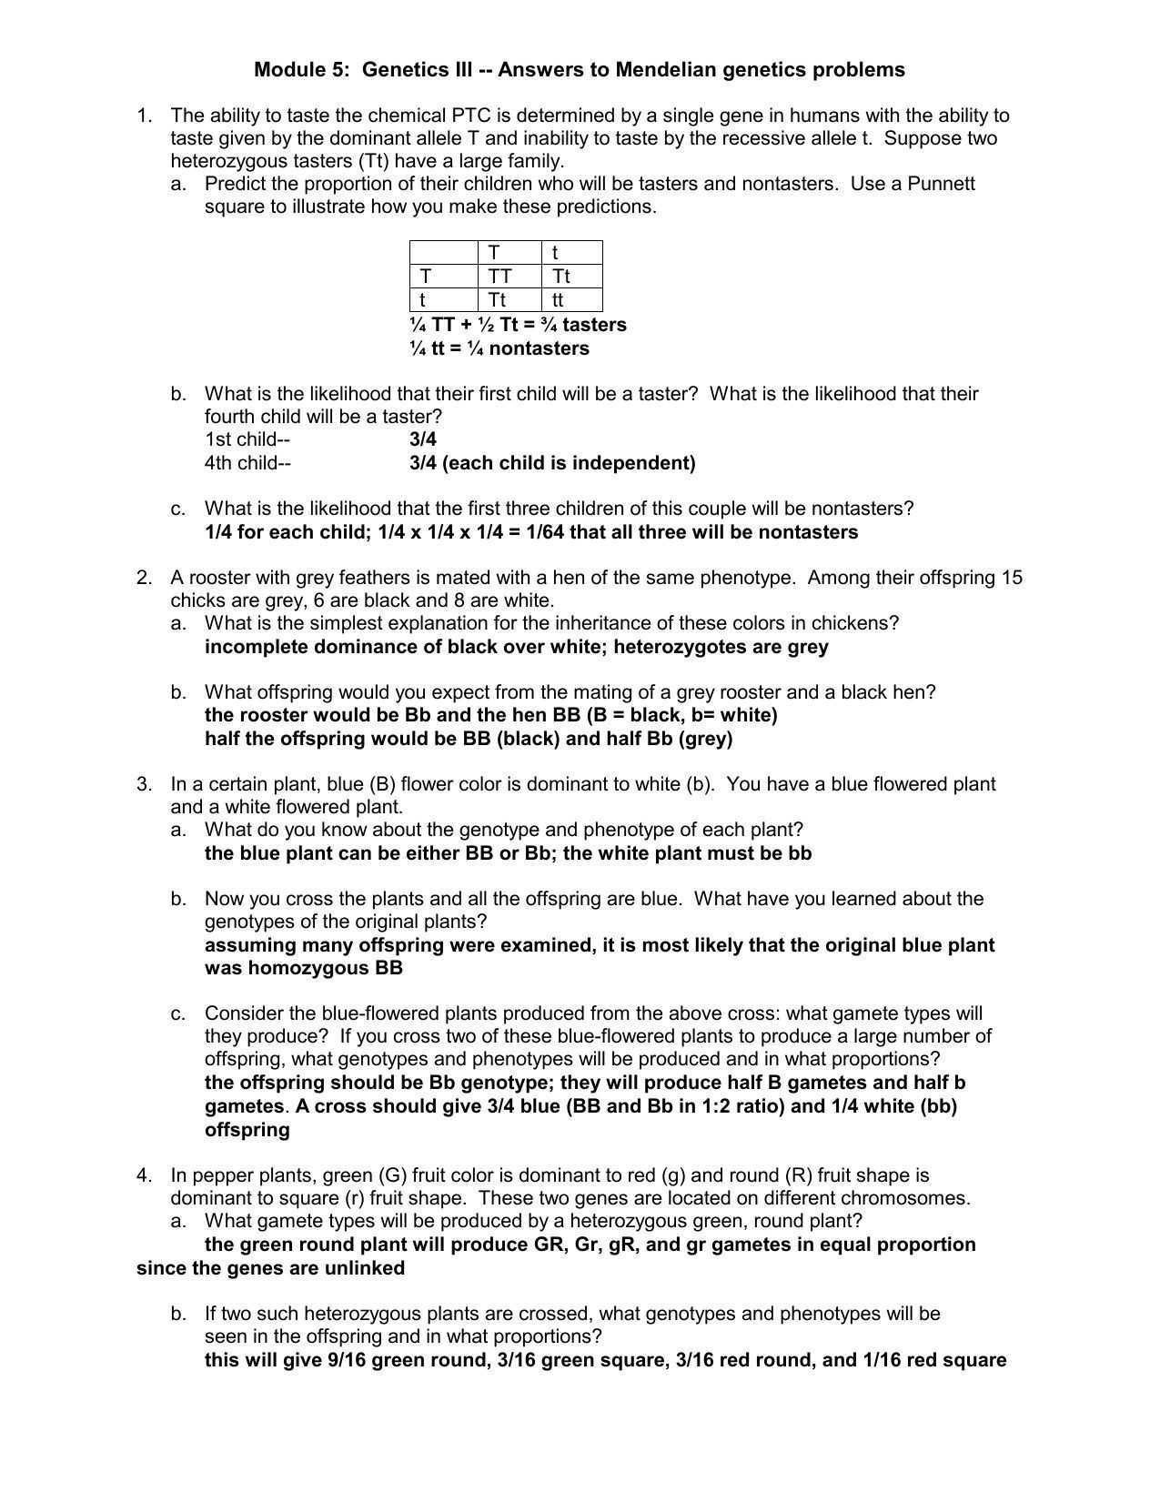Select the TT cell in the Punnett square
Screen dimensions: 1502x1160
pyautogui.click(x=499, y=277)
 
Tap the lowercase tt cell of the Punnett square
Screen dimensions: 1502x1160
pyautogui.click(x=558, y=300)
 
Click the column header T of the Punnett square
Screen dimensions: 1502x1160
pyautogui.click(x=494, y=253)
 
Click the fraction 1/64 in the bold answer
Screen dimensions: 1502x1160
pyautogui.click(x=543, y=532)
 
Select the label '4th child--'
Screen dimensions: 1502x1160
pyautogui.click(x=247, y=463)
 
